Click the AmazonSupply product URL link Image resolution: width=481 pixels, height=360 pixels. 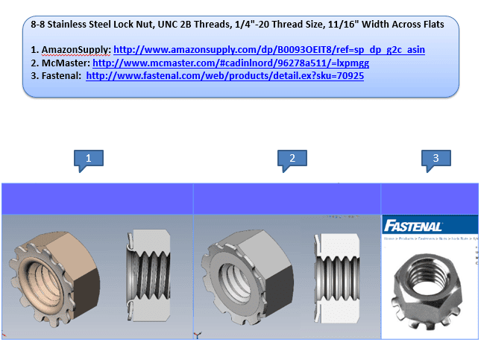click(x=269, y=50)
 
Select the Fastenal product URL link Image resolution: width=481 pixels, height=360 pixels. click(x=224, y=75)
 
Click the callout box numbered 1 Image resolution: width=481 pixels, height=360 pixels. click(x=89, y=158)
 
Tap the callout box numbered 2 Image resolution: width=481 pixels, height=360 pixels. click(x=292, y=158)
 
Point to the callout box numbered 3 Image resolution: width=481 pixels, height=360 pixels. click(x=436, y=158)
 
